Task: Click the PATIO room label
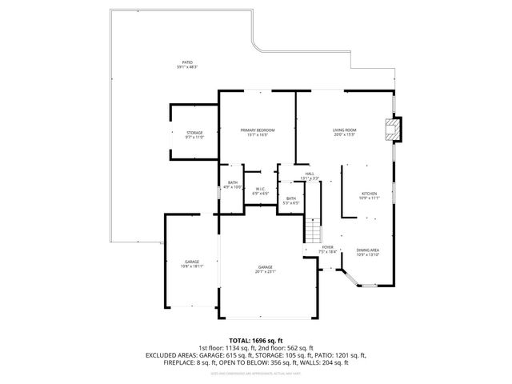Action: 186,62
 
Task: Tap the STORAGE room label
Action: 194,133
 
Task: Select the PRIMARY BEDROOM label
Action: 258,130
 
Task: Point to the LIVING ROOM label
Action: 344,130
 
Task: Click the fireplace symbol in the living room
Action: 392,130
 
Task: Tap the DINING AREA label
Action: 367,250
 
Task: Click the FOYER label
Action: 327,247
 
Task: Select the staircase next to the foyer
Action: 311,232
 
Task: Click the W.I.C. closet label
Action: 260,190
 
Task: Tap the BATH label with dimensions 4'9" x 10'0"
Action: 232,183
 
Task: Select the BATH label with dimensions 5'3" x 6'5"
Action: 291,198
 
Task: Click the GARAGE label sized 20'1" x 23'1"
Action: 265,267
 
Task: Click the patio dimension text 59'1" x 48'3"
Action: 186,67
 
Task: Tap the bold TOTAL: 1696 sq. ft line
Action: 256,340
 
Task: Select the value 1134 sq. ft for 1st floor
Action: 240,347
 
